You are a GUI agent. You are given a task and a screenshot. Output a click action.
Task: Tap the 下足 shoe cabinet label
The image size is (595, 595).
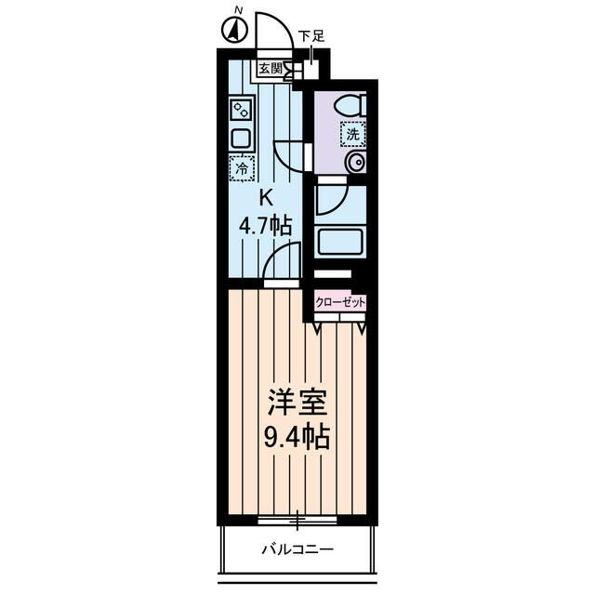click(311, 37)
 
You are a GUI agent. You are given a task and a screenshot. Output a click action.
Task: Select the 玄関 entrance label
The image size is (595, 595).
click(270, 68)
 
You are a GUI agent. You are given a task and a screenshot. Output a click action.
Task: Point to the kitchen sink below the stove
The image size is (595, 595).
click(241, 139)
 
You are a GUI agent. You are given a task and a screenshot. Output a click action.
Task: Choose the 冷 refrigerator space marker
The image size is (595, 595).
click(241, 168)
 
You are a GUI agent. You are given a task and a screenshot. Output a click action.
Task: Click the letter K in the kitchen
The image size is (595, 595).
click(265, 197)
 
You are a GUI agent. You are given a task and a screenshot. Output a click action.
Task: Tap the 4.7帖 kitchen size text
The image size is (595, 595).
click(266, 224)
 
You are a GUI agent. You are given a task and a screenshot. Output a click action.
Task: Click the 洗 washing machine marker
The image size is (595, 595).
click(352, 134)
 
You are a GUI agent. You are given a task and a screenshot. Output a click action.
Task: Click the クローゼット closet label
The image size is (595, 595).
click(340, 302)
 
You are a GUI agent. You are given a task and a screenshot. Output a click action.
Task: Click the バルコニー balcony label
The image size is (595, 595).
click(297, 549)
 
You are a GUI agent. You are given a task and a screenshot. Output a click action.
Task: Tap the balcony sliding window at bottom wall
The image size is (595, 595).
click(297, 520)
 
